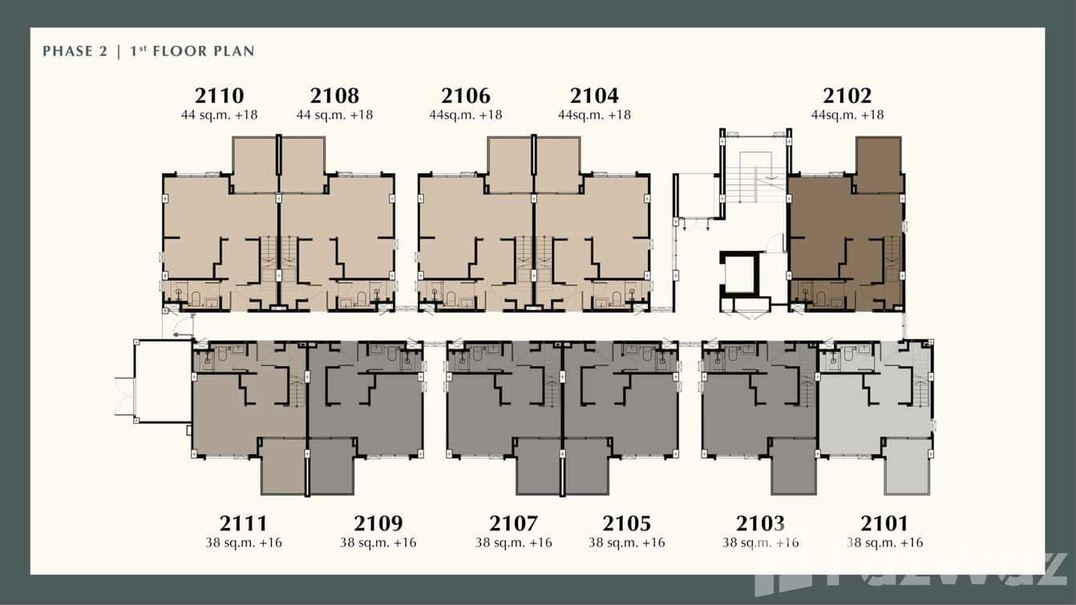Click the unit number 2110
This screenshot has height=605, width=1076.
(x=219, y=96)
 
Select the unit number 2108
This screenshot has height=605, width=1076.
(x=334, y=96)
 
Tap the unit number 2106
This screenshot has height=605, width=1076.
(x=466, y=96)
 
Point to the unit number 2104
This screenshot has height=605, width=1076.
(x=594, y=96)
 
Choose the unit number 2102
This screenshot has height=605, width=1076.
(x=847, y=96)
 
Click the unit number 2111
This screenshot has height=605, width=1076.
(x=244, y=524)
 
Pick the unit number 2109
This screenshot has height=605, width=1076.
(x=378, y=524)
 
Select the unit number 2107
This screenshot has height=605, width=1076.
(x=513, y=524)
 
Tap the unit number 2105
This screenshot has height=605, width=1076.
(x=626, y=524)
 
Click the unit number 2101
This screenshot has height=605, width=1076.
(x=884, y=524)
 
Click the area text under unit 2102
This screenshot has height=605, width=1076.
(x=847, y=115)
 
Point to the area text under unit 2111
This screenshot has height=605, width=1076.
(x=244, y=543)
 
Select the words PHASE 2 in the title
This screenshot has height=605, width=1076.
(x=74, y=51)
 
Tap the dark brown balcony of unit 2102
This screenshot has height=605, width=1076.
(x=879, y=164)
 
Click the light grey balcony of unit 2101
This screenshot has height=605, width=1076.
(x=907, y=466)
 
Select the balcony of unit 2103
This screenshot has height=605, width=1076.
(x=794, y=466)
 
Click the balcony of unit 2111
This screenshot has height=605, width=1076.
(x=283, y=466)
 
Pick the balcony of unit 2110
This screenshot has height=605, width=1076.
(x=254, y=164)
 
